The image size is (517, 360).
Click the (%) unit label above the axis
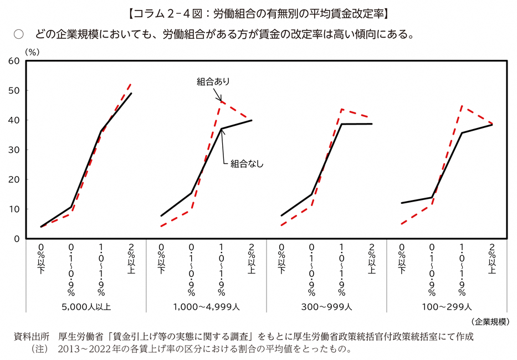pos(32,50)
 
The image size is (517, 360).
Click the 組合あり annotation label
pos(213,81)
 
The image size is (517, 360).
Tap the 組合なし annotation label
pos(247,163)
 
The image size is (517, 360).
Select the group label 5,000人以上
pos(86,306)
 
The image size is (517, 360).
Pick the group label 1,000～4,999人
pos(206,306)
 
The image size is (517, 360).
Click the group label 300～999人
pos(326,306)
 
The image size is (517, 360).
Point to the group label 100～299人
pos(447,306)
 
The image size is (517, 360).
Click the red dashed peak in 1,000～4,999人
pos(221,101)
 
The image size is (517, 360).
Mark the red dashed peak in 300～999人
pos(342,109)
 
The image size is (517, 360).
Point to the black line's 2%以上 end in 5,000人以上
pos(131,93)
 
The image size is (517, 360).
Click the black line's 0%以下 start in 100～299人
pos(401,203)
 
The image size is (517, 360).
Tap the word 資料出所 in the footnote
pos(31,337)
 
